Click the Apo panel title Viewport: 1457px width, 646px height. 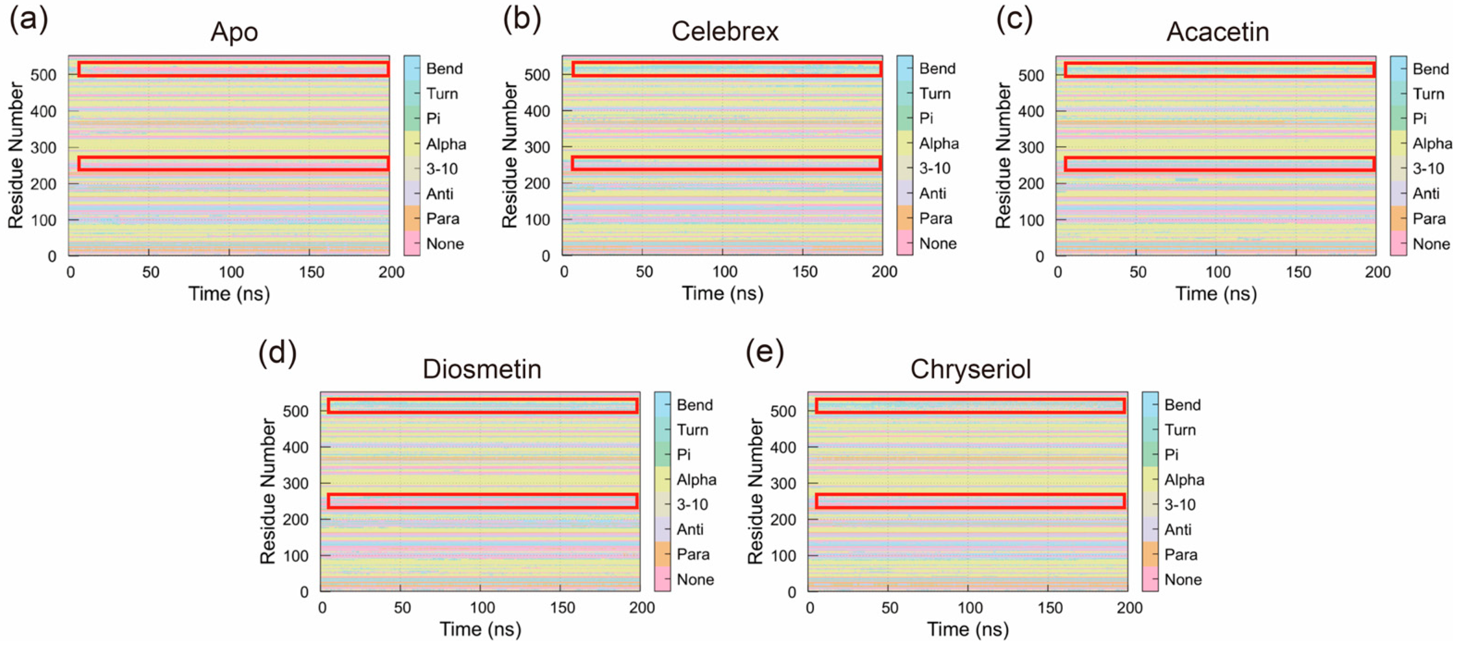point(234,32)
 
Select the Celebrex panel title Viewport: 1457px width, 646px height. point(725,31)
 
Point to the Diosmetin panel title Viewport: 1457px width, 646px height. point(482,369)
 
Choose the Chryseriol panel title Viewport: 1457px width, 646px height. point(970,369)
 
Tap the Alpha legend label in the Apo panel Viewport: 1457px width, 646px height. point(446,144)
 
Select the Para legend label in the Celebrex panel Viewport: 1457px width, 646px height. point(936,218)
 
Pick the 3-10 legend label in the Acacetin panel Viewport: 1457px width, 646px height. point(1428,168)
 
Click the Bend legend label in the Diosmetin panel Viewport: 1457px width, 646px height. point(694,405)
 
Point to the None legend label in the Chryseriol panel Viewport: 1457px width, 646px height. point(1183,579)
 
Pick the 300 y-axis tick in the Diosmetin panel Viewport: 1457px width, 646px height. point(296,483)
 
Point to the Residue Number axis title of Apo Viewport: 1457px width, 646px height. point(16,156)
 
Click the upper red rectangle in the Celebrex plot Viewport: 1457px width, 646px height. point(726,69)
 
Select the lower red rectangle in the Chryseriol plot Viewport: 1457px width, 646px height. point(970,501)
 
